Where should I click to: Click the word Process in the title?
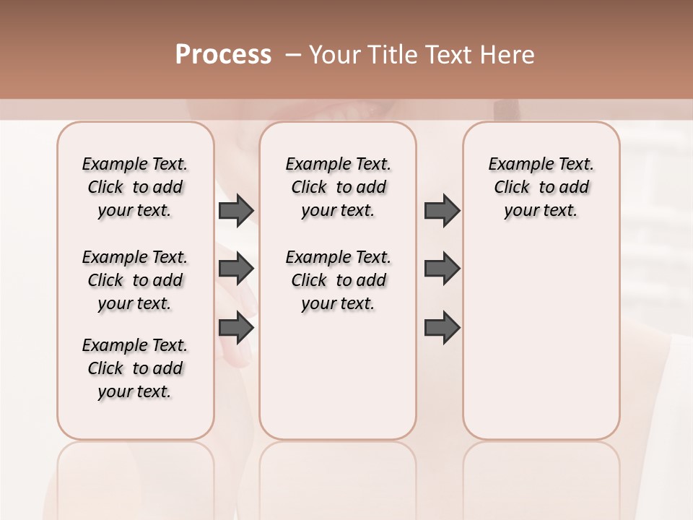click(223, 55)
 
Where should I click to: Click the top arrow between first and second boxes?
click(236, 210)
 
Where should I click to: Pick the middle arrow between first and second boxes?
click(236, 269)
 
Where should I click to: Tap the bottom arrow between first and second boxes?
click(236, 328)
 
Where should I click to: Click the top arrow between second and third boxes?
click(442, 210)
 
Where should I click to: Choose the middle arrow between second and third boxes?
click(442, 269)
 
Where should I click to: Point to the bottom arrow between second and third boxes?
click(442, 328)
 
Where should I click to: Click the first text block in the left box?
click(135, 187)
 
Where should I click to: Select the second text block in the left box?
click(135, 280)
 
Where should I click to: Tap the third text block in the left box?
click(135, 368)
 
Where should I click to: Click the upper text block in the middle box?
click(338, 187)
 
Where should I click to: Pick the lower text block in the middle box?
click(338, 280)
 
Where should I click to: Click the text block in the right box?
click(541, 187)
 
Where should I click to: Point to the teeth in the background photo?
click(358, 112)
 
